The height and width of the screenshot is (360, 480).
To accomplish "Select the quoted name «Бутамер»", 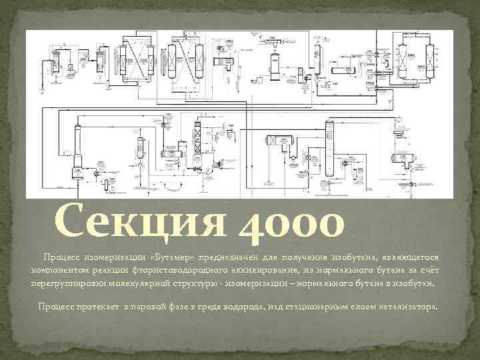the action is point(173,257).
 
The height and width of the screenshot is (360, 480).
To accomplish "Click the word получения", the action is point(311,257).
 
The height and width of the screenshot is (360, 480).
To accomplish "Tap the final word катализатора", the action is point(408,307).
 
